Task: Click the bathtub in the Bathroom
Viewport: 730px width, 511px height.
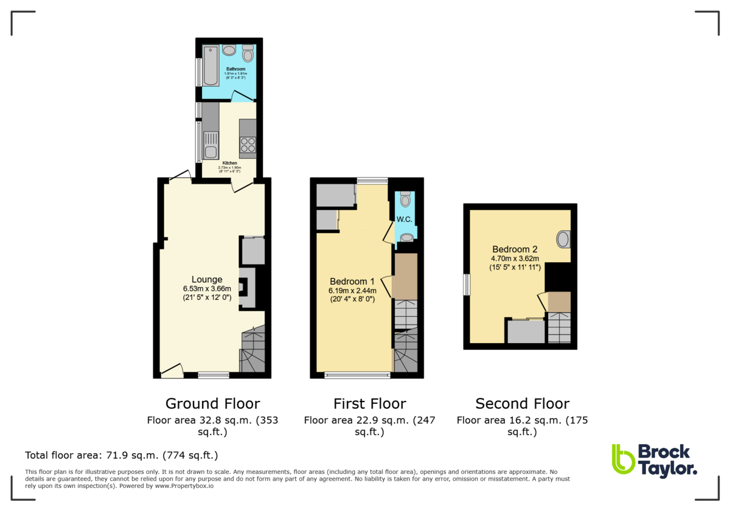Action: point(210,65)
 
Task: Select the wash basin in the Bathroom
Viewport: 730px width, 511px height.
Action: point(229,50)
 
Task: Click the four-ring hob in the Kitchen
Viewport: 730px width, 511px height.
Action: point(248,145)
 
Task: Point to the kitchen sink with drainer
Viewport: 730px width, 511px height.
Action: point(210,146)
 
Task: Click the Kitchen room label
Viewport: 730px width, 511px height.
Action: point(229,163)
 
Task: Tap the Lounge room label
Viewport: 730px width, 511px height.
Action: point(207,280)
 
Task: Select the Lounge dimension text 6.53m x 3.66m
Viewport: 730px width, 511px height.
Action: point(207,289)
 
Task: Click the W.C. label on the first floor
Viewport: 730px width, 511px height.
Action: point(405,219)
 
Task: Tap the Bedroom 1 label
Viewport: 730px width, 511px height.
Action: point(352,282)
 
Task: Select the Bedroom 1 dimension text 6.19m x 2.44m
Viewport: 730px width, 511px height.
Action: point(352,291)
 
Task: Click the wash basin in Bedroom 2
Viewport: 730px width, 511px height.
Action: point(563,239)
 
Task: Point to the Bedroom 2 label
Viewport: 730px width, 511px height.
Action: point(515,249)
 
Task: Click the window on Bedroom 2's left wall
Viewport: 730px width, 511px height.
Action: point(467,285)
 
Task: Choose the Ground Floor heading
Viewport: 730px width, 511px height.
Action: point(212,403)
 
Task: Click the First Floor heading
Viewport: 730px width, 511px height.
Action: point(369,403)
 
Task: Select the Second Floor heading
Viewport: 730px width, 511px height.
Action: point(522,403)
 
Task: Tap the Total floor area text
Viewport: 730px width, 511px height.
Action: point(121,455)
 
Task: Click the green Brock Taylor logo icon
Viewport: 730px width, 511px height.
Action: point(622,459)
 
